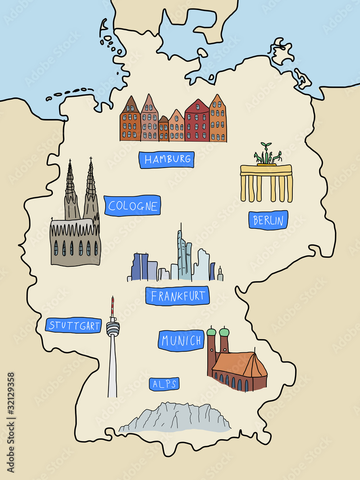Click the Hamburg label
point(167,159)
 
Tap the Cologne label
point(132,206)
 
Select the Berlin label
point(268,220)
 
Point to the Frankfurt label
point(177,296)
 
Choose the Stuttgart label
point(74,325)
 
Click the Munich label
point(181,341)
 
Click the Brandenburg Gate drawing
point(266,183)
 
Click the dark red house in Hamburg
point(197,121)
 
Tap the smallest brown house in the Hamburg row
point(164,129)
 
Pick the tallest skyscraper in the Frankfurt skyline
point(183,254)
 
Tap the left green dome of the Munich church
point(212,332)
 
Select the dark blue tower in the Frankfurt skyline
point(140,267)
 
